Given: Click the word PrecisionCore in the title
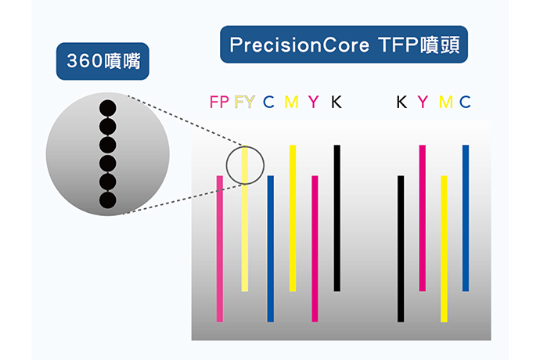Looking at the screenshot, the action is click(299, 45).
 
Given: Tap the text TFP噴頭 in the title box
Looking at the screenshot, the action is click(419, 45).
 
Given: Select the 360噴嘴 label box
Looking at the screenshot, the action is click(103, 61).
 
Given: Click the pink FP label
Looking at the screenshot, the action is click(219, 102).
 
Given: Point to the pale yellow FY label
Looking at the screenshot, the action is click(244, 102).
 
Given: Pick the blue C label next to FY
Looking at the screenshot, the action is click(268, 102).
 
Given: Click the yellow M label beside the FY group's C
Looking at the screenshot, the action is click(291, 102).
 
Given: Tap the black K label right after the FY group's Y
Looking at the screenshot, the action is click(336, 102).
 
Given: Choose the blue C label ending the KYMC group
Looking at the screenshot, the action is click(465, 102).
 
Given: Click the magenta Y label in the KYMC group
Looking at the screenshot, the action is click(423, 102).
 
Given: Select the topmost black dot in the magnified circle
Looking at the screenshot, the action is click(108, 108).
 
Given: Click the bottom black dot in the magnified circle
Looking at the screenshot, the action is click(108, 200).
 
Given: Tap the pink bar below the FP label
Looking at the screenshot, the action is click(220, 249).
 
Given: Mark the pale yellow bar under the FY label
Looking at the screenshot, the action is click(245, 218).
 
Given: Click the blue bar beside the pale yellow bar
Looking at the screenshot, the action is click(271, 249).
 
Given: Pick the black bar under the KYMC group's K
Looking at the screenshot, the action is click(401, 249).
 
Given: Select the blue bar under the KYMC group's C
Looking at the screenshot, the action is click(466, 218).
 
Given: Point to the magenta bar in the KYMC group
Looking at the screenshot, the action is click(423, 218).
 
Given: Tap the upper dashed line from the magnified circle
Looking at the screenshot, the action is click(186, 121).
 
